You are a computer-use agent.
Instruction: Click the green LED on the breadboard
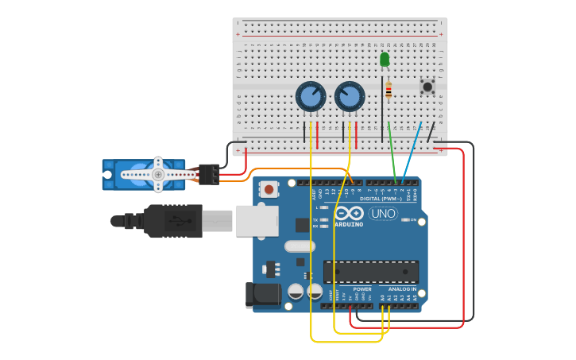click(x=385, y=60)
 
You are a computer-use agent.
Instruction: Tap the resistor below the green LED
click(x=388, y=91)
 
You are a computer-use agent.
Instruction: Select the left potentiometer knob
click(x=311, y=97)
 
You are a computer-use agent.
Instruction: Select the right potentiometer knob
click(x=350, y=97)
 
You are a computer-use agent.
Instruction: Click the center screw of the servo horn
click(x=158, y=174)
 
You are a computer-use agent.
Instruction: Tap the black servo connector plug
click(x=209, y=174)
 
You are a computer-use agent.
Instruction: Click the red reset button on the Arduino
click(x=269, y=189)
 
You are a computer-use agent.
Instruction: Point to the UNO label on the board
click(x=383, y=214)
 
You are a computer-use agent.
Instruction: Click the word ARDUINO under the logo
click(x=348, y=224)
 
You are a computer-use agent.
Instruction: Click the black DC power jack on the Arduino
click(x=262, y=294)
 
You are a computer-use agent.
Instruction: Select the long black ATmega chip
click(x=370, y=272)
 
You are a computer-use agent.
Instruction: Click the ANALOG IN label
click(x=402, y=289)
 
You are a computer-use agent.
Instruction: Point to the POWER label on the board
click(x=361, y=289)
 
